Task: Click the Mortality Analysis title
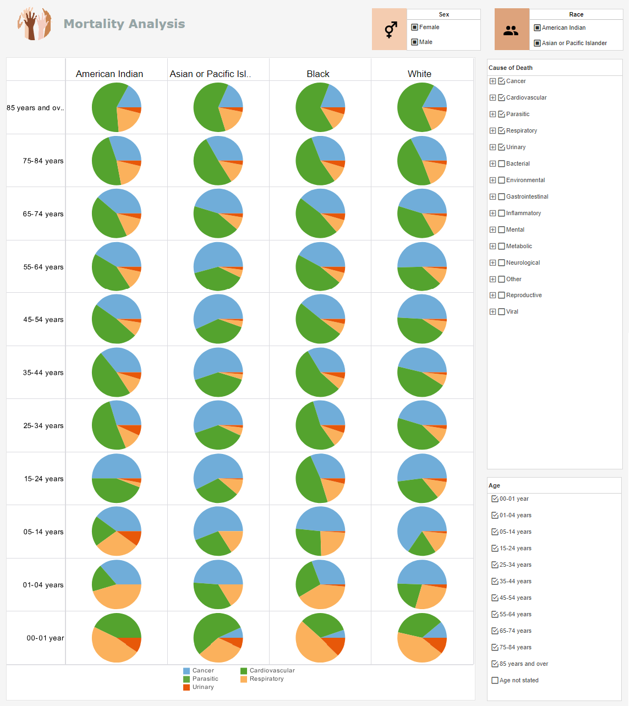pyautogui.click(x=124, y=24)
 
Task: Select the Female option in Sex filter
pyautogui.click(x=415, y=27)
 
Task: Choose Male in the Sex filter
pyautogui.click(x=415, y=42)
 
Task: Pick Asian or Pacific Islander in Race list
pyautogui.click(x=538, y=43)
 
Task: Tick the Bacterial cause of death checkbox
pyautogui.click(x=501, y=163)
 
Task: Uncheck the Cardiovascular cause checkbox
pyautogui.click(x=501, y=97)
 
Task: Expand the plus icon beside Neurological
pyautogui.click(x=492, y=262)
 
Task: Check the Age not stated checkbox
pyautogui.click(x=495, y=680)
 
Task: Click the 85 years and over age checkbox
pyautogui.click(x=495, y=664)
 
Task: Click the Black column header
pyautogui.click(x=318, y=74)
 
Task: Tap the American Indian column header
pyautogui.click(x=109, y=74)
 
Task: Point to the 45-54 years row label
pyautogui.click(x=43, y=320)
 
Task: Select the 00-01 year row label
pyautogui.click(x=45, y=638)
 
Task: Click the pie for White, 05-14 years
pyautogui.click(x=422, y=531)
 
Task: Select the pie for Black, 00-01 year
pyautogui.click(x=320, y=638)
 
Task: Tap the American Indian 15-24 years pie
pyautogui.click(x=117, y=478)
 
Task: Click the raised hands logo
pyautogui.click(x=34, y=24)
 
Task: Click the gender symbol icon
pyautogui.click(x=390, y=30)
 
